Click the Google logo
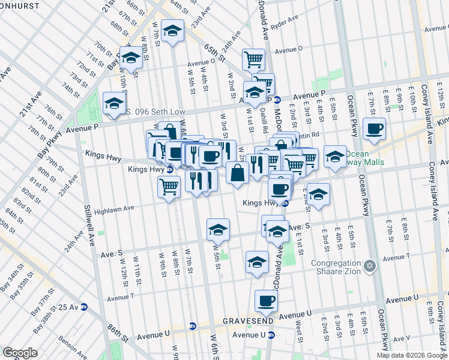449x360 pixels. tap(20, 352)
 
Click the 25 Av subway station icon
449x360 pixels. tap(83, 307)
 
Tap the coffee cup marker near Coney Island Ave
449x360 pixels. tap(375, 128)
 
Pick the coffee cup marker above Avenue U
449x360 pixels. tap(265, 300)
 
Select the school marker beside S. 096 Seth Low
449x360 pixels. tap(113, 103)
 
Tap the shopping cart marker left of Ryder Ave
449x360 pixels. tap(253, 59)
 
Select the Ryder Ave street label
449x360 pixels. tap(285, 22)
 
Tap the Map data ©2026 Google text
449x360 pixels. tap(412, 355)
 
